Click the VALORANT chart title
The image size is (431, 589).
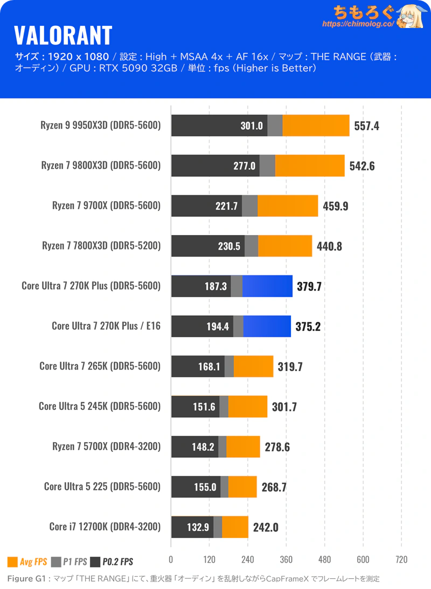[63, 36]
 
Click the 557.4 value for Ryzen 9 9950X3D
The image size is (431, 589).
[367, 126]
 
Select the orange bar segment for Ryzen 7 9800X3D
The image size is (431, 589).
[310, 166]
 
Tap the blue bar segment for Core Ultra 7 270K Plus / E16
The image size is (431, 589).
[267, 326]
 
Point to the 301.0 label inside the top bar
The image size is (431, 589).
[251, 126]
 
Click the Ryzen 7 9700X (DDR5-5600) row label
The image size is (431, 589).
[106, 205]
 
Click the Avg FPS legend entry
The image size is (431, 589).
[27, 562]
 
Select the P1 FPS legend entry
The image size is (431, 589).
[69, 562]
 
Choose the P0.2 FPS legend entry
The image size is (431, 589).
[112, 562]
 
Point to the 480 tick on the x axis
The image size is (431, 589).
[324, 559]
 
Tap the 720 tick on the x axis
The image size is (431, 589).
[401, 559]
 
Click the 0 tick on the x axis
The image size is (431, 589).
[171, 559]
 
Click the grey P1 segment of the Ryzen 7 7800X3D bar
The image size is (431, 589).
[251, 246]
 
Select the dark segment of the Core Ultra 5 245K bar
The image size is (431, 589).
[195, 407]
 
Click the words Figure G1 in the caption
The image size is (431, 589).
[25, 579]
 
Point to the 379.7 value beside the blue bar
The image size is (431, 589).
[309, 286]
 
